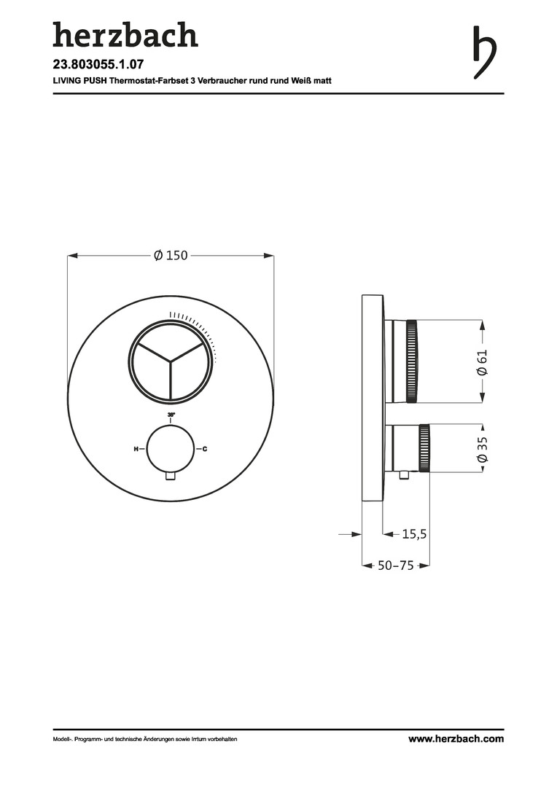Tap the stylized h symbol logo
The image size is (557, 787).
[485, 52]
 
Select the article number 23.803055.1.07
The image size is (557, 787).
[95, 64]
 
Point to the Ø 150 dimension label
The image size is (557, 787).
[171, 256]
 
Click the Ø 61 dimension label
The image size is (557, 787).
[482, 362]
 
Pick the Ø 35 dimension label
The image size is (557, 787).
[482, 450]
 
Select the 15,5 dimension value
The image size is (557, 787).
[414, 534]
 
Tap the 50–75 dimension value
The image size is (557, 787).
[396, 565]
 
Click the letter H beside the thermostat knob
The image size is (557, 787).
[136, 449]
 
